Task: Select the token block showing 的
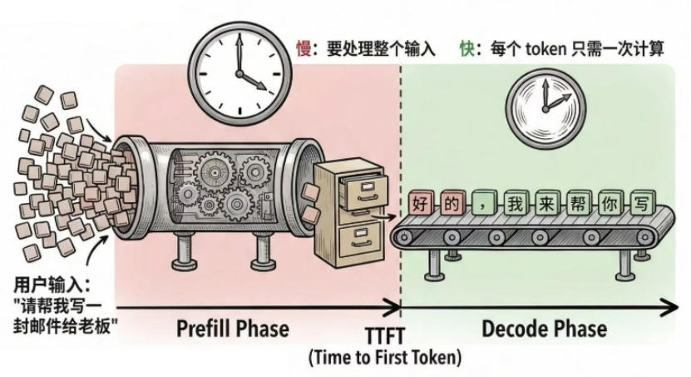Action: pos(452,202)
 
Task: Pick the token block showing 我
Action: pos(516,202)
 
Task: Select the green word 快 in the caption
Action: pos(468,49)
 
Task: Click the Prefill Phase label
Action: pos(232,329)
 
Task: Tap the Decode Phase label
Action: pos(545,329)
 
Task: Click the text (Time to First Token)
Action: pos(384,359)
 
